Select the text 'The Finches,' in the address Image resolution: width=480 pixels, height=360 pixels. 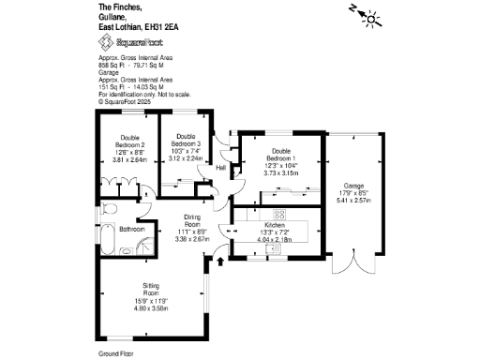pyautogui.click(x=118, y=7)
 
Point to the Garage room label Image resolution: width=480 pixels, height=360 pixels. pyautogui.click(x=352, y=186)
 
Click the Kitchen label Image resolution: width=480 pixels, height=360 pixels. pyautogui.click(x=275, y=226)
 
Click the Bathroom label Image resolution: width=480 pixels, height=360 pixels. pyautogui.click(x=131, y=229)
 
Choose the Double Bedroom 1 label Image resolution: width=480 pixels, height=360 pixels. pyautogui.click(x=280, y=155)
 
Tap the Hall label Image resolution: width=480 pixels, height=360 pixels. pyautogui.click(x=220, y=168)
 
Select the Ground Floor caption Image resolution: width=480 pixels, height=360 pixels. pyautogui.click(x=117, y=353)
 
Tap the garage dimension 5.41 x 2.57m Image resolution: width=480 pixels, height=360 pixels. pyautogui.click(x=352, y=201)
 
